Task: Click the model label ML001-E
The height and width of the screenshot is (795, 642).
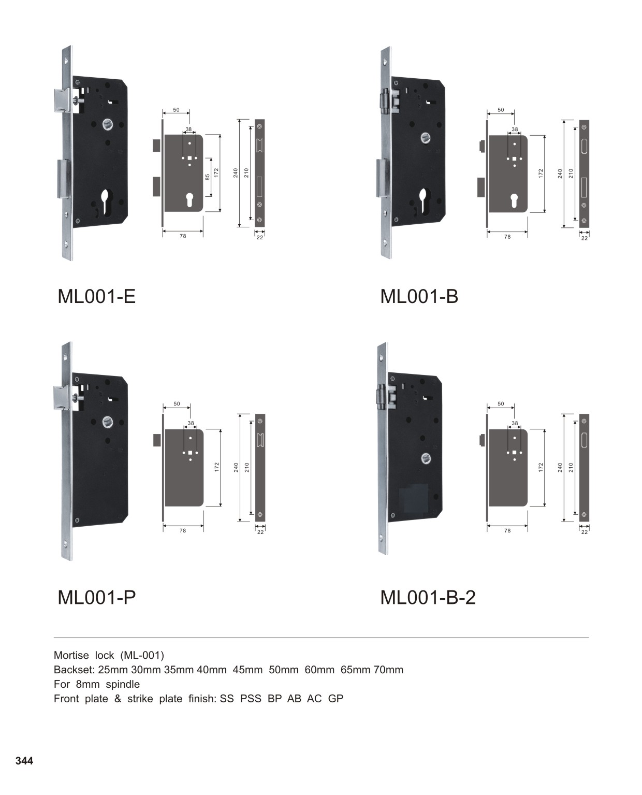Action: click(96, 297)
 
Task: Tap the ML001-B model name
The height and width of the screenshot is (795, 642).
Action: click(419, 297)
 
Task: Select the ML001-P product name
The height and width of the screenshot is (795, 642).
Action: click(96, 597)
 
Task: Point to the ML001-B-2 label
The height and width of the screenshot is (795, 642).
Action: click(428, 597)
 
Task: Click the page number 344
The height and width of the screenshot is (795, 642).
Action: click(24, 761)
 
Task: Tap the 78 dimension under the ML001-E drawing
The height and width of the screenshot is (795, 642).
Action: click(183, 236)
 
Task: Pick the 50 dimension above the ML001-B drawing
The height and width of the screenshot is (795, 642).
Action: click(501, 110)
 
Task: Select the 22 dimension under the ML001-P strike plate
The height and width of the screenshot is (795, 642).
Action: click(260, 532)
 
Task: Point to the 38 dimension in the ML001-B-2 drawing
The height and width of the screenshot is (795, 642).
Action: click(515, 423)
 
